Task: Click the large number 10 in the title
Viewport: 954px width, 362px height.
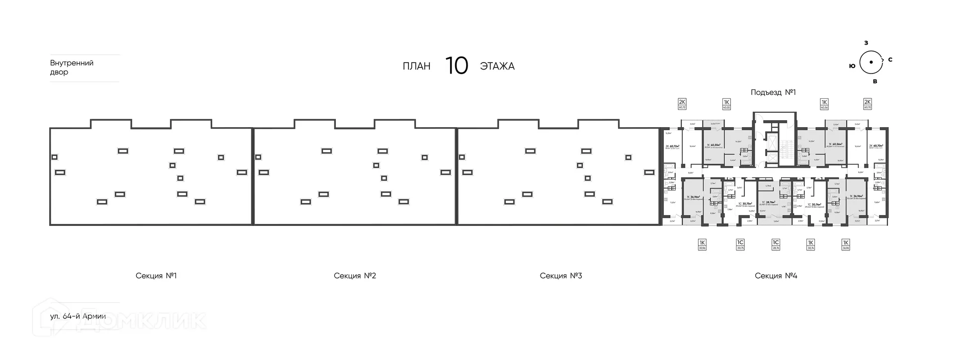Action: click(456, 66)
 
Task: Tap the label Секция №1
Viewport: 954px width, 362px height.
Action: click(156, 276)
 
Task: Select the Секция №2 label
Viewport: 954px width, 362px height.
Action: click(355, 276)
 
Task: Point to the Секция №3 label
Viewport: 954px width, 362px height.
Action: click(560, 276)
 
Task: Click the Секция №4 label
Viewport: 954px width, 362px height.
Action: click(776, 276)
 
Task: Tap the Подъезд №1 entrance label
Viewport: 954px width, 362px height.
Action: click(773, 92)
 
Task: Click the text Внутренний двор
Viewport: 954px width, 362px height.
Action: click(72, 68)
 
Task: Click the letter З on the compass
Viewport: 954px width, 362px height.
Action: click(866, 43)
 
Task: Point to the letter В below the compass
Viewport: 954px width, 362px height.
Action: click(875, 81)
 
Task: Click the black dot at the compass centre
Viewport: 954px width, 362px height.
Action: click(871, 62)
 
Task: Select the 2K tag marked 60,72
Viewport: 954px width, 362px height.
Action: click(682, 104)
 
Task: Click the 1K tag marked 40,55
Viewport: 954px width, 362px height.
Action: click(726, 104)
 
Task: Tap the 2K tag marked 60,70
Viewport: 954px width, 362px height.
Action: click(868, 104)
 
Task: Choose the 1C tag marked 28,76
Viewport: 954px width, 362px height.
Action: click(776, 244)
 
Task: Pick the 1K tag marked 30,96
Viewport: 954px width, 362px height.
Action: click(702, 244)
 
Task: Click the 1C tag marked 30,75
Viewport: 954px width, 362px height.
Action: click(740, 244)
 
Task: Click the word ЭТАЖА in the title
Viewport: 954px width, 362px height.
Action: click(497, 67)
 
